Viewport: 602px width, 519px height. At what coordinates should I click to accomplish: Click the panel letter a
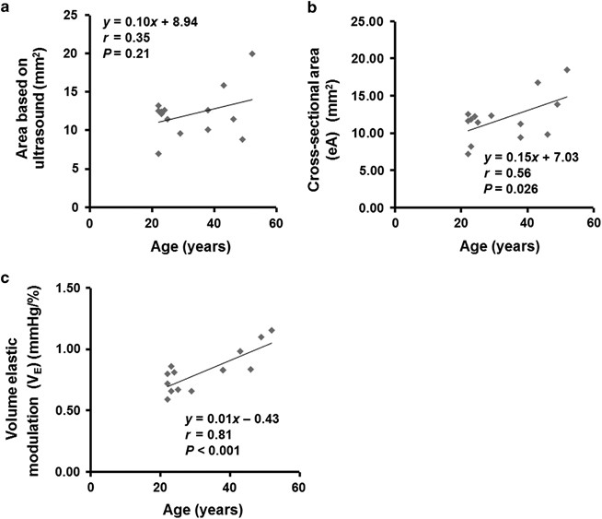point(7,7)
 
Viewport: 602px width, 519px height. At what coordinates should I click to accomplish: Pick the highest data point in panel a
point(252,54)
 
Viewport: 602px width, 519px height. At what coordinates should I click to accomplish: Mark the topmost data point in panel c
point(272,330)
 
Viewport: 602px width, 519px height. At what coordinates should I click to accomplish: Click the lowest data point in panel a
point(158,153)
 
